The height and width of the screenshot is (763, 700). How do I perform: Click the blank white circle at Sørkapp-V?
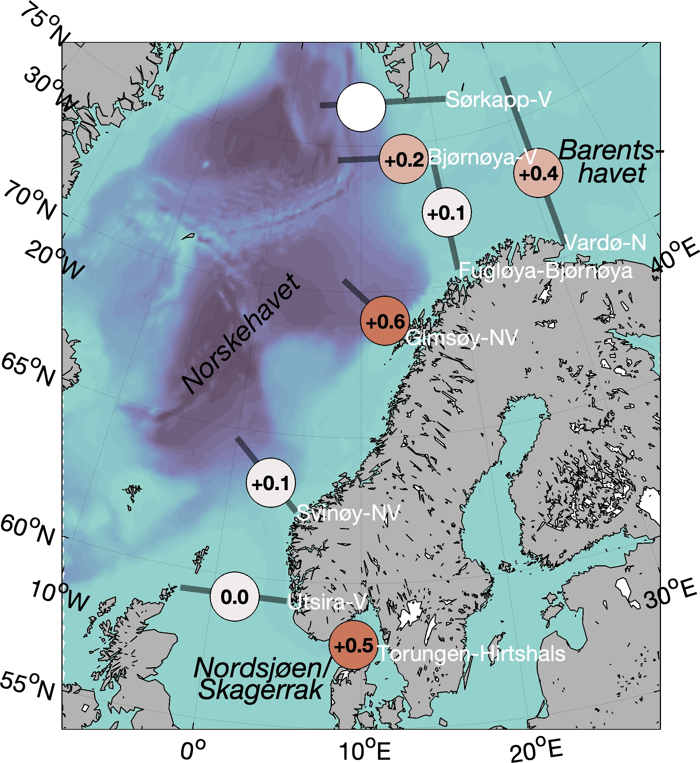coord(361,107)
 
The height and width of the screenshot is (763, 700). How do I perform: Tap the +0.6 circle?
coord(385,321)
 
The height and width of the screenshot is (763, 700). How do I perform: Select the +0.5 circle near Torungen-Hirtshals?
coord(353,645)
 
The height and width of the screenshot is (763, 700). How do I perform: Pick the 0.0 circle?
coord(235,597)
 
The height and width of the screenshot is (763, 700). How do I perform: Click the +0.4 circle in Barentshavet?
coord(538,173)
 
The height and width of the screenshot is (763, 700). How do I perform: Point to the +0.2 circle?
coord(404,159)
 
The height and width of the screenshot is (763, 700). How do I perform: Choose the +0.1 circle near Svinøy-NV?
coord(270,483)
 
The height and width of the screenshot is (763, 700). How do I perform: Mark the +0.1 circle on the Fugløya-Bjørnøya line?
coord(447,213)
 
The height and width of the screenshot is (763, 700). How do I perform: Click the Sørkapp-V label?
coord(498,100)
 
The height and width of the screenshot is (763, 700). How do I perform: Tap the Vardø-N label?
coord(605,242)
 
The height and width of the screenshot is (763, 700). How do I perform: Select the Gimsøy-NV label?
coord(462,338)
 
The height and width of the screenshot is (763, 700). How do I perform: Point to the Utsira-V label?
coord(327,601)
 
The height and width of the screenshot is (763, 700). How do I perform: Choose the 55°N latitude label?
coord(27,686)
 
